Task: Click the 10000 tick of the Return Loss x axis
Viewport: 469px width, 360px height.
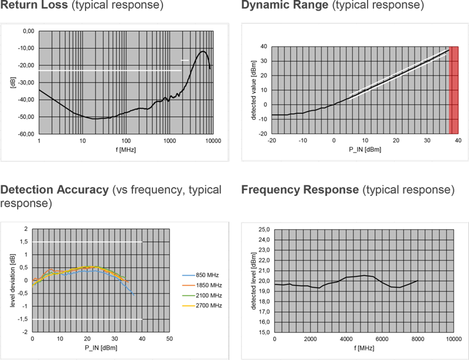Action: tap(212, 141)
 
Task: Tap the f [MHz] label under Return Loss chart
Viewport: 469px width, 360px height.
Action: tap(124, 150)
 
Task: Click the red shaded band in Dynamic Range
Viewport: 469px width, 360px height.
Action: tap(453, 90)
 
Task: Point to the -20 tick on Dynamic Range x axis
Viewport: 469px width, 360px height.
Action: tap(271, 141)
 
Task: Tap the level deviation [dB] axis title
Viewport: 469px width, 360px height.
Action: tap(9, 280)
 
